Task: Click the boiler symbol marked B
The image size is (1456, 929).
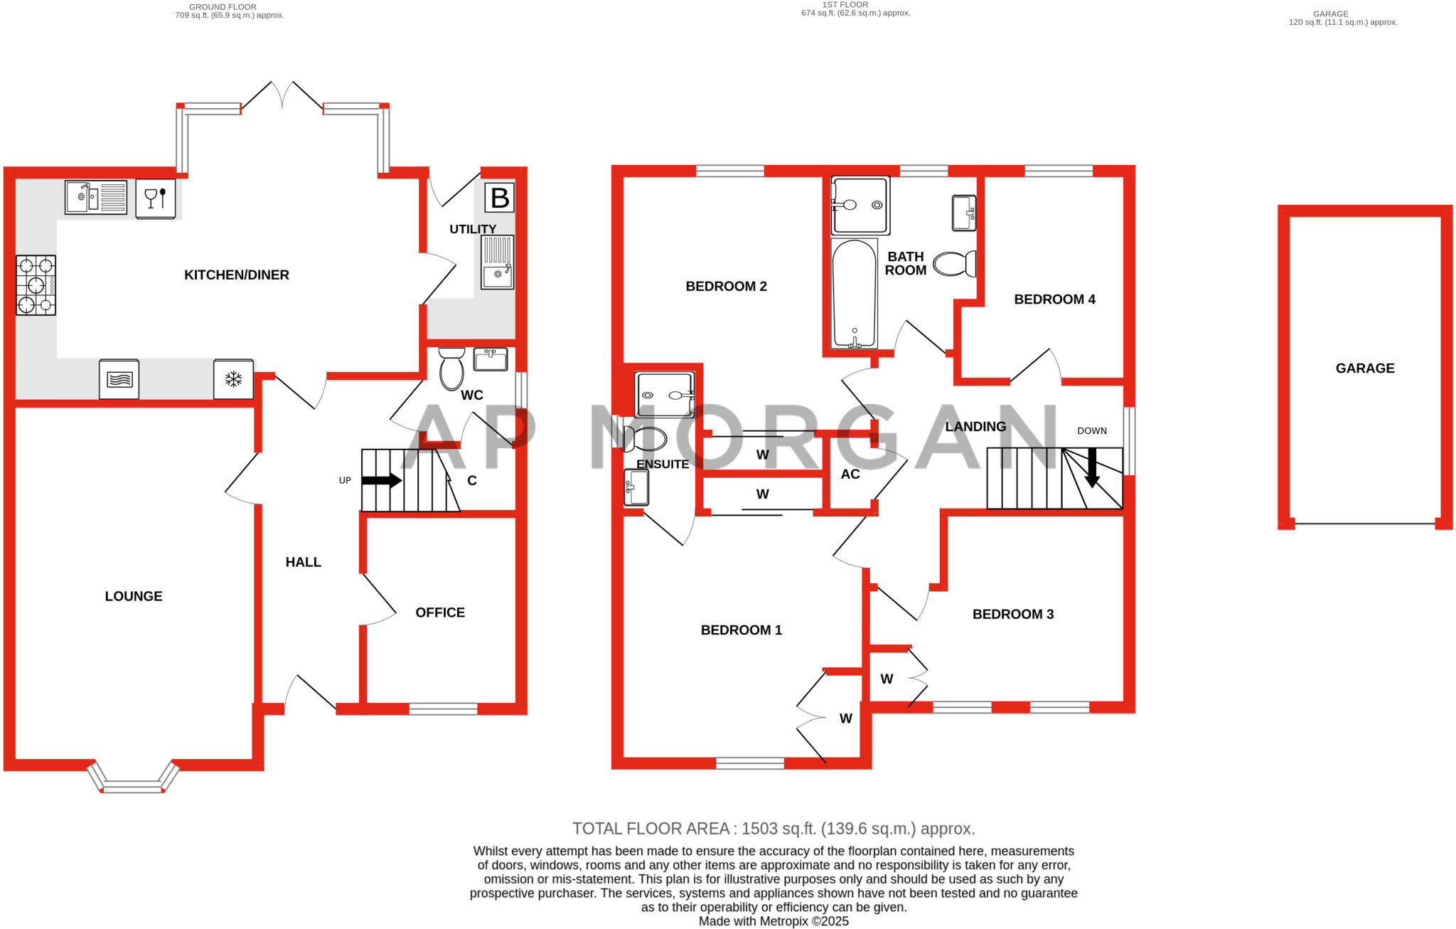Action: (x=500, y=198)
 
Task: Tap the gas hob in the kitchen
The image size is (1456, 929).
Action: (x=36, y=285)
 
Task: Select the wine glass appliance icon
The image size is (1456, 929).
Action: (x=155, y=198)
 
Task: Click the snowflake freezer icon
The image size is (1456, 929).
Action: (x=233, y=379)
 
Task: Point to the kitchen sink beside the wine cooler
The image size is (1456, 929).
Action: (x=96, y=197)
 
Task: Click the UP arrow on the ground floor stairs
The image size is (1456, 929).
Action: (x=382, y=480)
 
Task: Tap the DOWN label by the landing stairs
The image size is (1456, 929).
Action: (x=1092, y=430)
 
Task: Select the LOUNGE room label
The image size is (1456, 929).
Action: (x=134, y=596)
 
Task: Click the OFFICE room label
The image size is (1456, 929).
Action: (x=440, y=612)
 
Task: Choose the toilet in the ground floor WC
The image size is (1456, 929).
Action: (x=451, y=368)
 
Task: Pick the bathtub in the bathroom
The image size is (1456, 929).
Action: (x=854, y=294)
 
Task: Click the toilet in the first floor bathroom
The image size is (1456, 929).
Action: (x=954, y=264)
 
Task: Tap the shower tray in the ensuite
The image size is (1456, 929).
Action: (x=665, y=395)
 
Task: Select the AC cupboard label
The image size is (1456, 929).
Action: (x=850, y=474)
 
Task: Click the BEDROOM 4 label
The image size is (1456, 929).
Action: (x=1054, y=299)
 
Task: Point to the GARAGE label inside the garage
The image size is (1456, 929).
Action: (x=1365, y=368)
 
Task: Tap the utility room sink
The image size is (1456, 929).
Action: (x=497, y=262)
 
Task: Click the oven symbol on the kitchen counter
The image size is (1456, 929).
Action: (x=119, y=379)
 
